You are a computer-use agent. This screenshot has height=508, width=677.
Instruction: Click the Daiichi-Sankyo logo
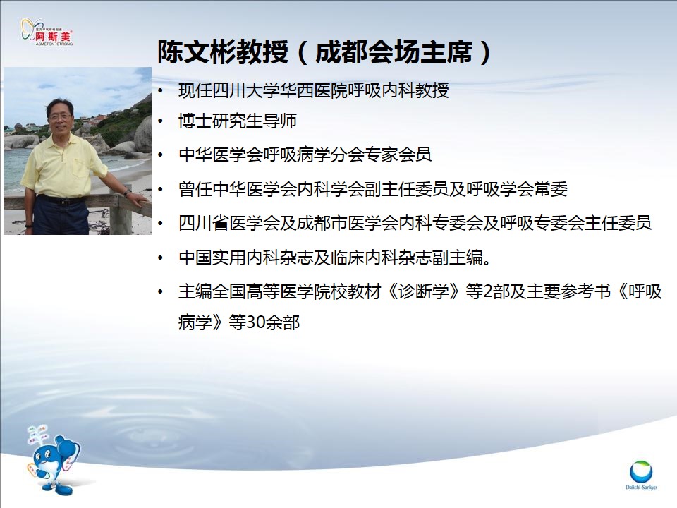point(641,475)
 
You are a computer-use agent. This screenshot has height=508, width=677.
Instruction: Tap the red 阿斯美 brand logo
point(47,32)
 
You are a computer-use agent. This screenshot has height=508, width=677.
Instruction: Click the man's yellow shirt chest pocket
point(80,168)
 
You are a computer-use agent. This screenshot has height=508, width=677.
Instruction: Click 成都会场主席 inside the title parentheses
point(394,52)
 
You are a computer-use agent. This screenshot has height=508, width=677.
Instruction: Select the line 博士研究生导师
point(238,121)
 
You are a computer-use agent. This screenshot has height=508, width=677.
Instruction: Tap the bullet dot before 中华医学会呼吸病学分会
point(161,155)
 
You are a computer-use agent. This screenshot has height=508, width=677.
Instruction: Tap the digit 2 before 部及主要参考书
point(488,292)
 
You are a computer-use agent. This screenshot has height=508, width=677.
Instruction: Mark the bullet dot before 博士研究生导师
point(161,121)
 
